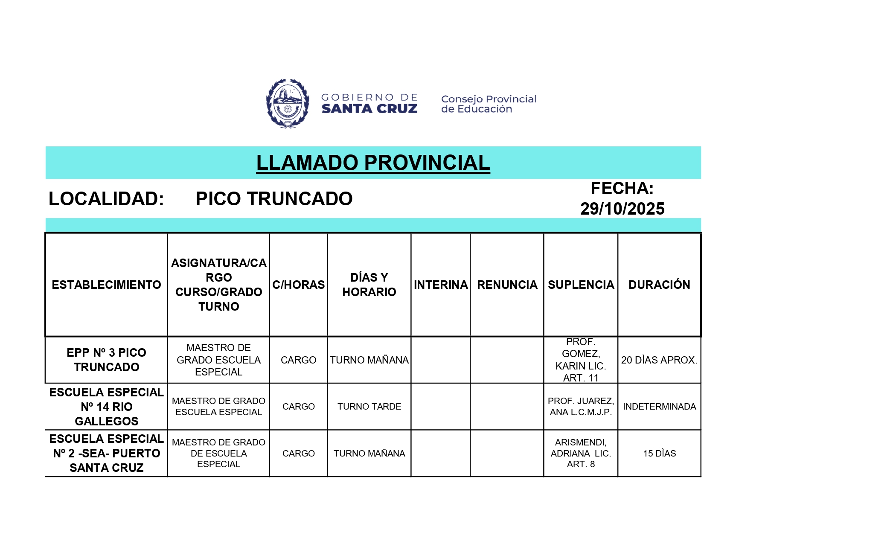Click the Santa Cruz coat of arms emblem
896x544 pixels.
pos(288,103)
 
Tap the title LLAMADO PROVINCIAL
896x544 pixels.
pos(373,163)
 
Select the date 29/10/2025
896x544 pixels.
pos(622,209)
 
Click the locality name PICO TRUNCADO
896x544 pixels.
pos(274,199)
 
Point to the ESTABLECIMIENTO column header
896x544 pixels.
pos(106,285)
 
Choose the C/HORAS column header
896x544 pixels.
pos(298,285)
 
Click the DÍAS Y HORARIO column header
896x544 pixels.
pos(369,285)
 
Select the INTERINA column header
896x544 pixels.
pos(441,285)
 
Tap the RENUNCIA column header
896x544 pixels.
pos(507,285)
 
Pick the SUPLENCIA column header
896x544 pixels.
pos(581,285)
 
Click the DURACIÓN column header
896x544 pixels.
pos(659,285)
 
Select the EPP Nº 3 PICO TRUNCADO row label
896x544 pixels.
pos(106,360)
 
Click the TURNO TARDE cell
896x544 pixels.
pos(369,407)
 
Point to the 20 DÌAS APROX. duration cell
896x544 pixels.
pos(659,360)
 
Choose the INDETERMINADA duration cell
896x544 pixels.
pos(659,407)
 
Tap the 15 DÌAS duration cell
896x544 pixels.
pos(659,454)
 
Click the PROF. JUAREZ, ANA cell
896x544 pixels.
pos(581,407)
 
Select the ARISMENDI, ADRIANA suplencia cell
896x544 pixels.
pos(581,453)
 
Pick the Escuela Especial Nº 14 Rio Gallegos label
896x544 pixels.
pos(106,407)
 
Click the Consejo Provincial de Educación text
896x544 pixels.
pos(489,104)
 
